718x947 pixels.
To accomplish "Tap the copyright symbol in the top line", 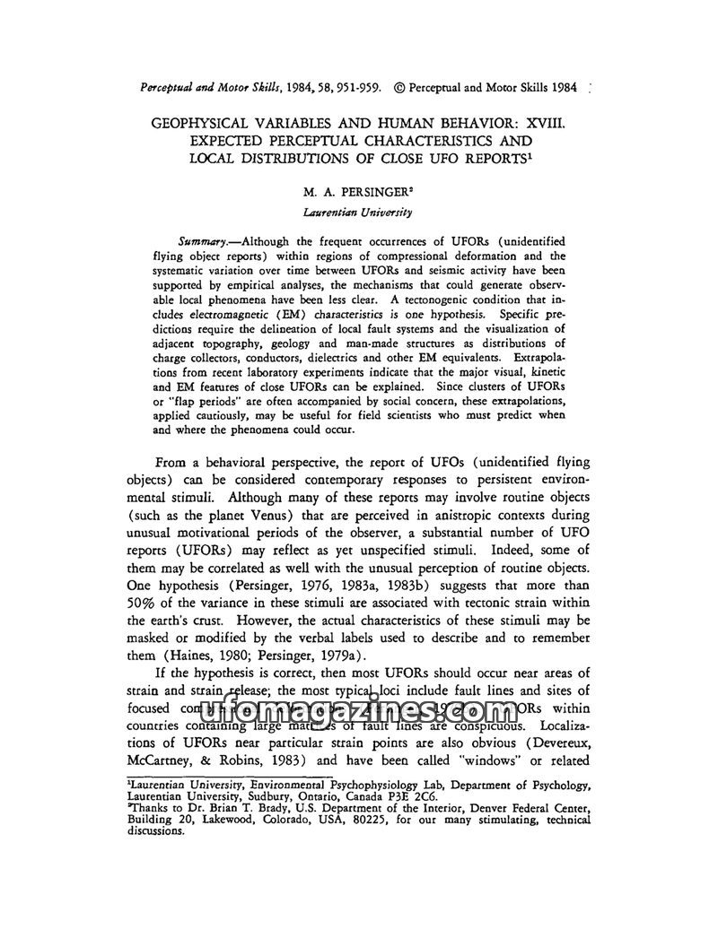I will click(x=399, y=89).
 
